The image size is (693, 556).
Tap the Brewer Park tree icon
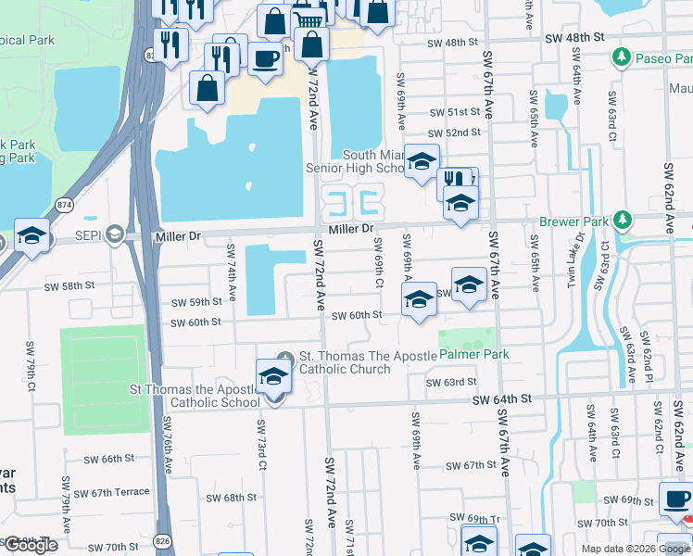624,221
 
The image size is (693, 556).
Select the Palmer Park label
473,355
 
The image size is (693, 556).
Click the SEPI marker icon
113,232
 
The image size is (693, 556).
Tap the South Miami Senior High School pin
422,160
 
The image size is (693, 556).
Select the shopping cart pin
309,18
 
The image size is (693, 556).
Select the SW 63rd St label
451,382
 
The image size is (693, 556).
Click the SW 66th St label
109,459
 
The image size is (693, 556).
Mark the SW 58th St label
70,287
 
